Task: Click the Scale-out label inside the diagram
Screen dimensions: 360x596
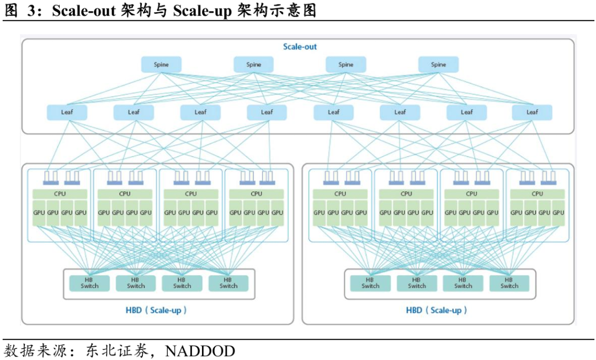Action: (300, 47)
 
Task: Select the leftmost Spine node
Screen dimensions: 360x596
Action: (161, 65)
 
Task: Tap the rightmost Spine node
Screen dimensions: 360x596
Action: (438, 65)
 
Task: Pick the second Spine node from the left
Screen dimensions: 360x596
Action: (253, 65)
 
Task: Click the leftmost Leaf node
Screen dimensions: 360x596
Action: (67, 112)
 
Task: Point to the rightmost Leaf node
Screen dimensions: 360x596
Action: (532, 112)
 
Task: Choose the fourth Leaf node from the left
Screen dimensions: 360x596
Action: (267, 112)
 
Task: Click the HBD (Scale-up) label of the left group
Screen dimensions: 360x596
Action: (156, 310)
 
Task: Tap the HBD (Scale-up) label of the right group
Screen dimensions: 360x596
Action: (437, 310)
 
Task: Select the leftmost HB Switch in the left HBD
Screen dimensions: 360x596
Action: (89, 283)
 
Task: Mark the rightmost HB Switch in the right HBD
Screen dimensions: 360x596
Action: (509, 283)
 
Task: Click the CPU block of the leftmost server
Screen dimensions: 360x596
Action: (60, 194)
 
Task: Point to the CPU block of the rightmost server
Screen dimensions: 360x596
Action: (537, 194)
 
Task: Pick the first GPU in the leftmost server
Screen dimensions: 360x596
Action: (39, 213)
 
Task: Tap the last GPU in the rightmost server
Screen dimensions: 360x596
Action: (558, 213)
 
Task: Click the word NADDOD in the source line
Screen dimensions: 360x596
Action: (200, 351)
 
